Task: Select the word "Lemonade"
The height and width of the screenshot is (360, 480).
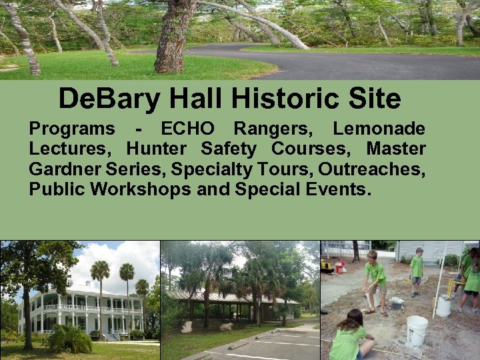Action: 379,129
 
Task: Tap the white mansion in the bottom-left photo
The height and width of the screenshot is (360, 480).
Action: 80,310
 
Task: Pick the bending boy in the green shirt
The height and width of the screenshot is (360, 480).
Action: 376,280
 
